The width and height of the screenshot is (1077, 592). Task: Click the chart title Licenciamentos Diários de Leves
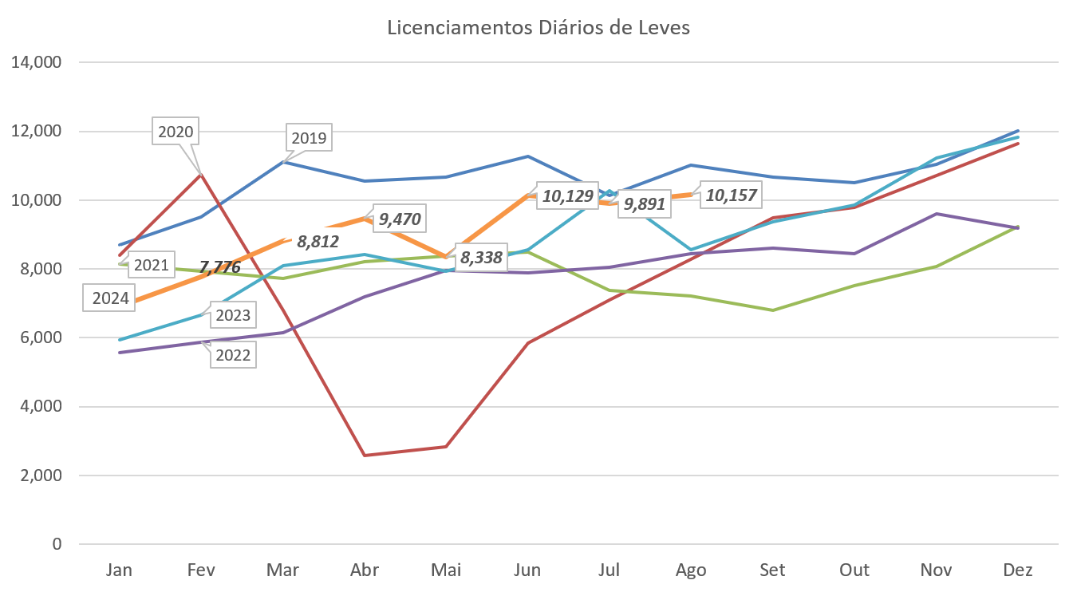point(538,28)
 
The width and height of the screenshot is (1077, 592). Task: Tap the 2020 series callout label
point(176,132)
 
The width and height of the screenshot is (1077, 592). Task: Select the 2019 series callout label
point(309,138)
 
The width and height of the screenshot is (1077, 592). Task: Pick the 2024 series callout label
point(110,299)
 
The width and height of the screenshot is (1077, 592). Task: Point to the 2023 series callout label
point(232,315)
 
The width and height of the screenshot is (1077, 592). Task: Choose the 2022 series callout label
point(233,355)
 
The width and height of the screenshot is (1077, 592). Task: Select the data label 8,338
point(482,258)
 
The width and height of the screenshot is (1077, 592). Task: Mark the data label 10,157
point(728,195)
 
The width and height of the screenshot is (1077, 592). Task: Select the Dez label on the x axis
point(1018,570)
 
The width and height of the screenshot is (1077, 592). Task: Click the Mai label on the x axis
point(446,570)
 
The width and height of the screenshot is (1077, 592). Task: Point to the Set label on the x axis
point(772,570)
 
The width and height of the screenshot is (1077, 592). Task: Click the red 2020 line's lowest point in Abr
point(365,455)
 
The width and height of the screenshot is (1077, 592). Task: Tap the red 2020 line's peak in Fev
point(202,173)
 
